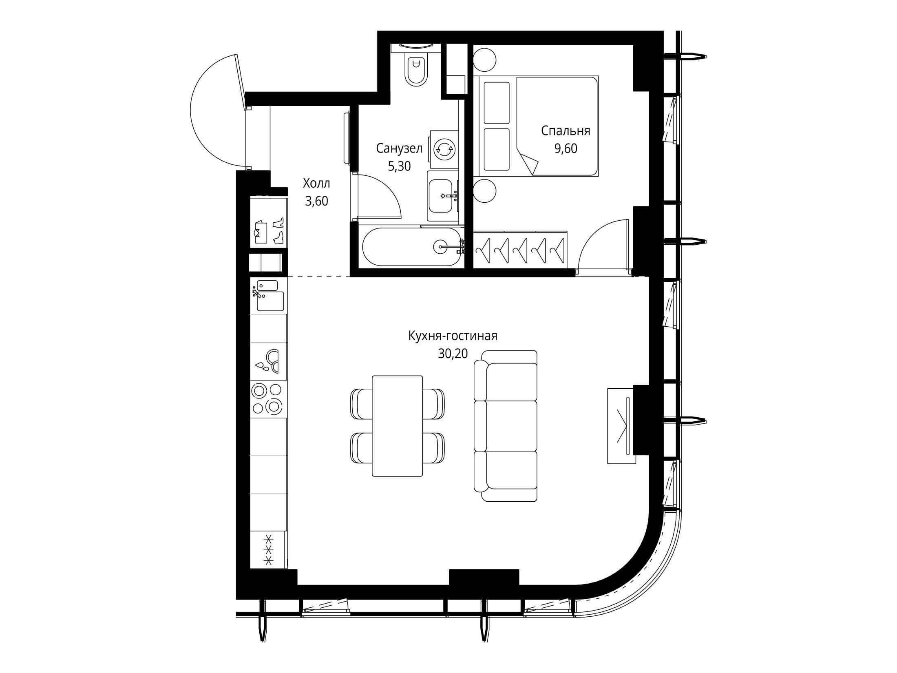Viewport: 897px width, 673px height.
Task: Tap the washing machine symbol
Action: [444, 150]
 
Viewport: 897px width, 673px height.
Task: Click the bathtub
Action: [412, 246]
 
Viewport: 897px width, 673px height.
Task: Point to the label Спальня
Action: [566, 131]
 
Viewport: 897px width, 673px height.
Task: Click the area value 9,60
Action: [566, 149]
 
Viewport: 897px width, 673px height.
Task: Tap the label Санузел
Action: [399, 148]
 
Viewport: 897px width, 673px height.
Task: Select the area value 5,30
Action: [399, 166]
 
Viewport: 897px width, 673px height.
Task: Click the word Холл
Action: [316, 184]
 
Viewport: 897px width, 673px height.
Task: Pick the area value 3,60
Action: [316, 201]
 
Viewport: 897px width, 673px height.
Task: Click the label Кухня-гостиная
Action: [453, 336]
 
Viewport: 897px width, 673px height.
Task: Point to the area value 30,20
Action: [453, 354]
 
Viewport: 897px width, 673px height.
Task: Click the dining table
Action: [397, 426]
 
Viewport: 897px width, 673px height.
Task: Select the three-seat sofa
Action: [506, 426]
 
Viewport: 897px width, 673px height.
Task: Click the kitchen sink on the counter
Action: [268, 295]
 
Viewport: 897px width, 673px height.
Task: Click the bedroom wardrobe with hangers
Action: [520, 249]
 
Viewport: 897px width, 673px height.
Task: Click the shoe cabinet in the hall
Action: [269, 230]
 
